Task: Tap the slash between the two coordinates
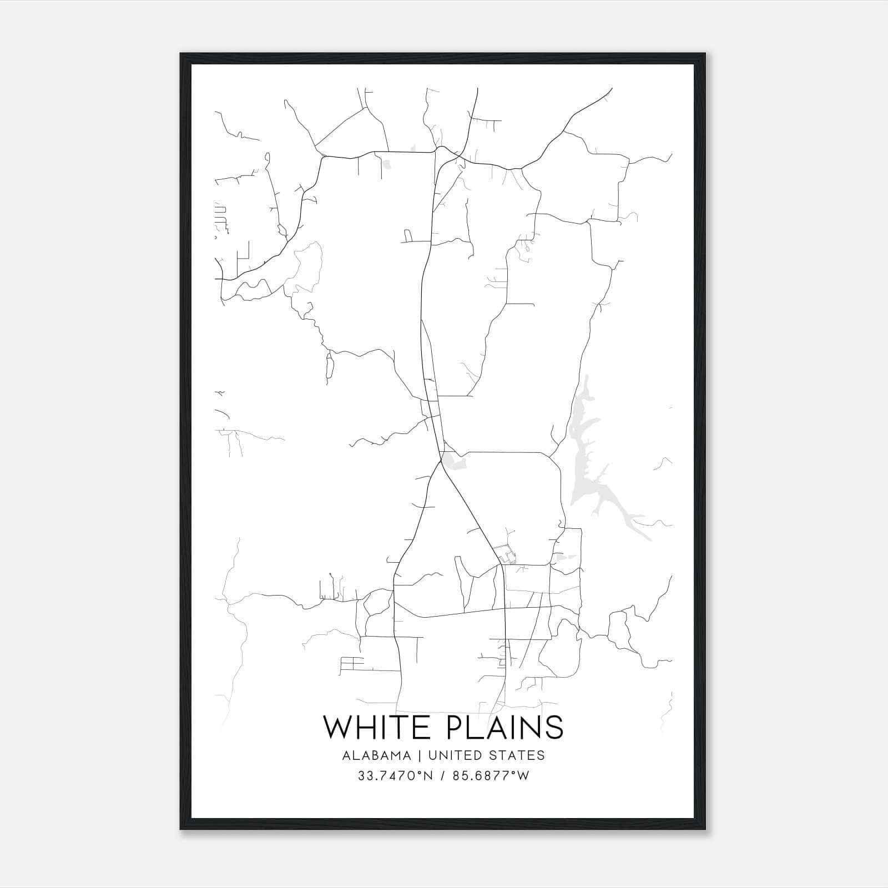click(x=442, y=776)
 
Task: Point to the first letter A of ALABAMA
click(x=346, y=755)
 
